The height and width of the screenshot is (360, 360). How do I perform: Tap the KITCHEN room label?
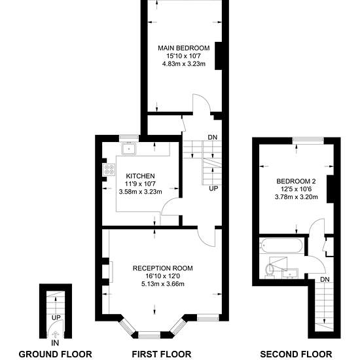pyautogui.click(x=140, y=176)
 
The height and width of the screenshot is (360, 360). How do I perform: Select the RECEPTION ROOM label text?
pyautogui.click(x=163, y=268)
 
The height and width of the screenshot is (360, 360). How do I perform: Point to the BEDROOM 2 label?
pyautogui.click(x=296, y=181)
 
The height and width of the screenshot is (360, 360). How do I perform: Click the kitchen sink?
pyautogui.click(x=129, y=149)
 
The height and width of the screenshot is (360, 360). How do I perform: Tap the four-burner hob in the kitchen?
pyautogui.click(x=109, y=170)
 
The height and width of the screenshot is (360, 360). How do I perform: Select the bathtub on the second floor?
pyautogui.click(x=281, y=245)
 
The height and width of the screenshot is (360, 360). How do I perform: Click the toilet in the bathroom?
pyautogui.click(x=270, y=271)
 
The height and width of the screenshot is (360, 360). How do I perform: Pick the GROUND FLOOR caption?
pyautogui.click(x=56, y=354)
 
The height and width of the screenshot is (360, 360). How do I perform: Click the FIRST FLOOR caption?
pyautogui.click(x=162, y=354)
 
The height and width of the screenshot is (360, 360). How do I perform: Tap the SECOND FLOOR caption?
pyautogui.click(x=296, y=354)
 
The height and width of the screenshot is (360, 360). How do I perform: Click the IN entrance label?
pyautogui.click(x=55, y=343)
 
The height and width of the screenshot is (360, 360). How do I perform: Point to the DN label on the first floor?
pyautogui.click(x=212, y=137)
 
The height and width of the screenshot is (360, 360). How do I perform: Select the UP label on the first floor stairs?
pyautogui.click(x=213, y=189)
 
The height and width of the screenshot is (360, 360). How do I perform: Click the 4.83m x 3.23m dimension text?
pyautogui.click(x=184, y=64)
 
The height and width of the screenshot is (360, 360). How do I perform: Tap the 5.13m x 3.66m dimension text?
pyautogui.click(x=163, y=284)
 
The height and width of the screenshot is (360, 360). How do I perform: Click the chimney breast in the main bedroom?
pyautogui.click(x=219, y=56)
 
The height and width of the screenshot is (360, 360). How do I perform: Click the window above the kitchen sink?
pyautogui.click(x=129, y=137)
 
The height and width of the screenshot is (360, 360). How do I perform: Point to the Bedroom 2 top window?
pyautogui.click(x=308, y=139)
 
